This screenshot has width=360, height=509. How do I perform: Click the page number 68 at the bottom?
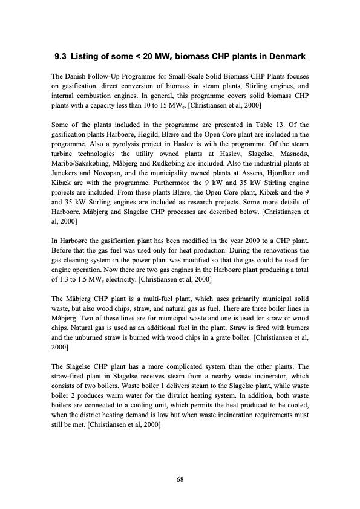pyautogui.click(x=180, y=480)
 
